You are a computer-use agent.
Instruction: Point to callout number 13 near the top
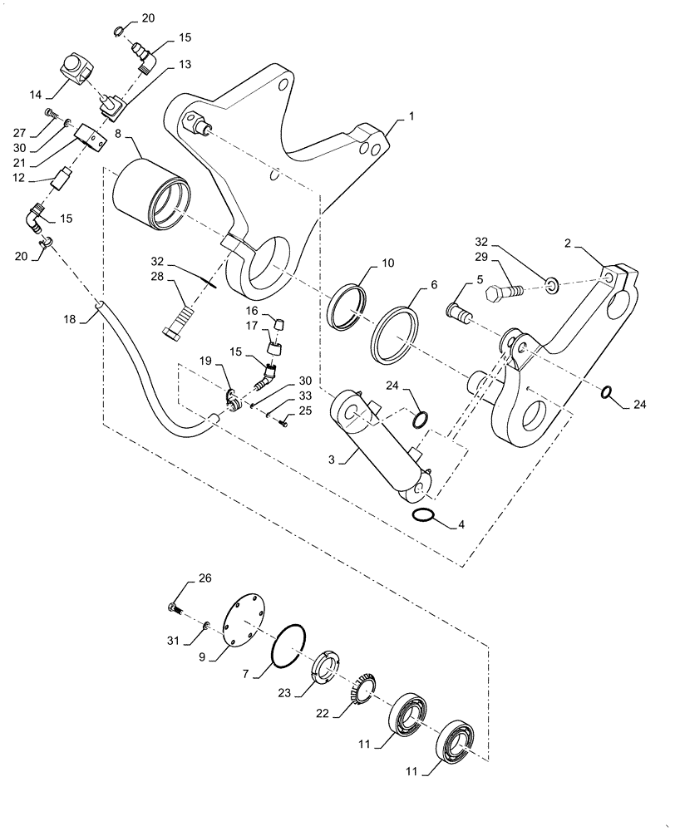185,63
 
